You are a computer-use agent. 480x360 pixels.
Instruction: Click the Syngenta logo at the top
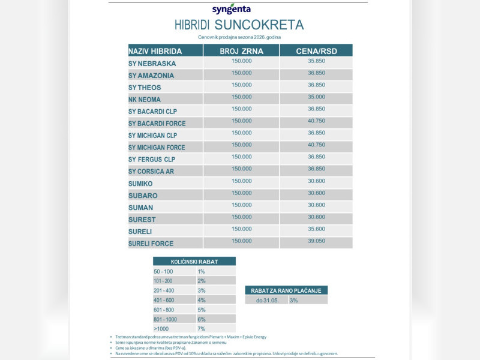[232, 9]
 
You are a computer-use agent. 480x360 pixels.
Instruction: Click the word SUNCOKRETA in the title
[259, 25]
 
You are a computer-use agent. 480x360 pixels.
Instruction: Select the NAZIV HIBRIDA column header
[155, 51]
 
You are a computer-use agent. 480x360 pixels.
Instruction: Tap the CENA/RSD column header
[316, 51]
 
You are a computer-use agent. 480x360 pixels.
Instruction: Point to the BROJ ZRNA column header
[241, 51]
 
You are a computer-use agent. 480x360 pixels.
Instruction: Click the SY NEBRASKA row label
[152, 64]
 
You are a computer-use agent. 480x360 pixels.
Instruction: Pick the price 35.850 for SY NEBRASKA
[316, 61]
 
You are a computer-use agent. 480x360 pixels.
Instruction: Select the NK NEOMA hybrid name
[145, 100]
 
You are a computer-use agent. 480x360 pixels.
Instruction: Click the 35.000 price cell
[316, 97]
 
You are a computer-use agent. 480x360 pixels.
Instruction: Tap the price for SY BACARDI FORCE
[316, 121]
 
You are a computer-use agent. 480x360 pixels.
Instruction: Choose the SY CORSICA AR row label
[151, 172]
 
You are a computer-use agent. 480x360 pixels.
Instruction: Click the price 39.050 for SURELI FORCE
[316, 241]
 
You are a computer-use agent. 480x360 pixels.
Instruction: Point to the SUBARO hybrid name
[143, 196]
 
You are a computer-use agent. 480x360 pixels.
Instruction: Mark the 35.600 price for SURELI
[316, 229]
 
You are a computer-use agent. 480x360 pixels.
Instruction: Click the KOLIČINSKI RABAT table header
[194, 262]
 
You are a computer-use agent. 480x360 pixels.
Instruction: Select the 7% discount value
[201, 329]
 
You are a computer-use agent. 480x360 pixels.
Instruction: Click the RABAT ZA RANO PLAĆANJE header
[286, 290]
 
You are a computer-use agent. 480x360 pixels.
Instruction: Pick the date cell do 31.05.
[266, 300]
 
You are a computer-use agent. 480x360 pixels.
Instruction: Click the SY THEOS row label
[145, 88]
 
